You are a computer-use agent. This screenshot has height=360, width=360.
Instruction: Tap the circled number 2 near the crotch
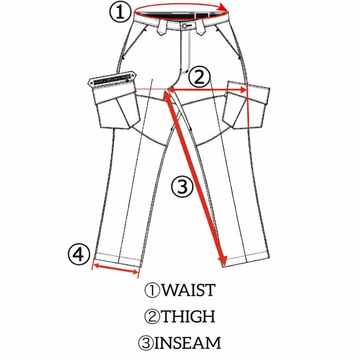click(199, 78)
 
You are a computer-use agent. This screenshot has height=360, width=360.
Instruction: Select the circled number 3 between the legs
click(182, 187)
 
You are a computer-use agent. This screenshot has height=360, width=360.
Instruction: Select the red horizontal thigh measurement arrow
click(207, 90)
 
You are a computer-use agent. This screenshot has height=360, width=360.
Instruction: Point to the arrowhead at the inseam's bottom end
click(222, 261)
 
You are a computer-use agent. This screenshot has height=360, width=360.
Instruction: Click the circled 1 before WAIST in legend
click(152, 290)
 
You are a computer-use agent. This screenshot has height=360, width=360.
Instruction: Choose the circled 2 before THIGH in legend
click(152, 317)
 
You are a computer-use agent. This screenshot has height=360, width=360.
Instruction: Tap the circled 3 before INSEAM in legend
click(146, 343)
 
